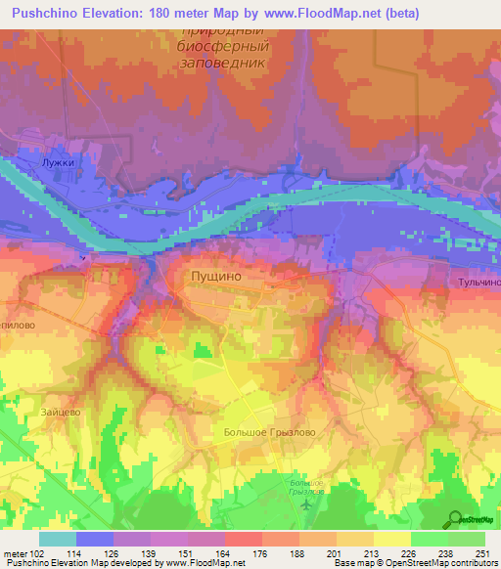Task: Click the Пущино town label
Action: (212, 277)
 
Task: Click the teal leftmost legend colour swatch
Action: (58, 538)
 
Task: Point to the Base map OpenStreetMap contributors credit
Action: (414, 563)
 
